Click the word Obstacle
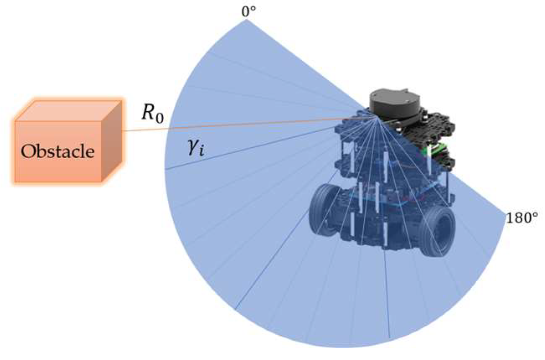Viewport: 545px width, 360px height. tap(58, 152)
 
